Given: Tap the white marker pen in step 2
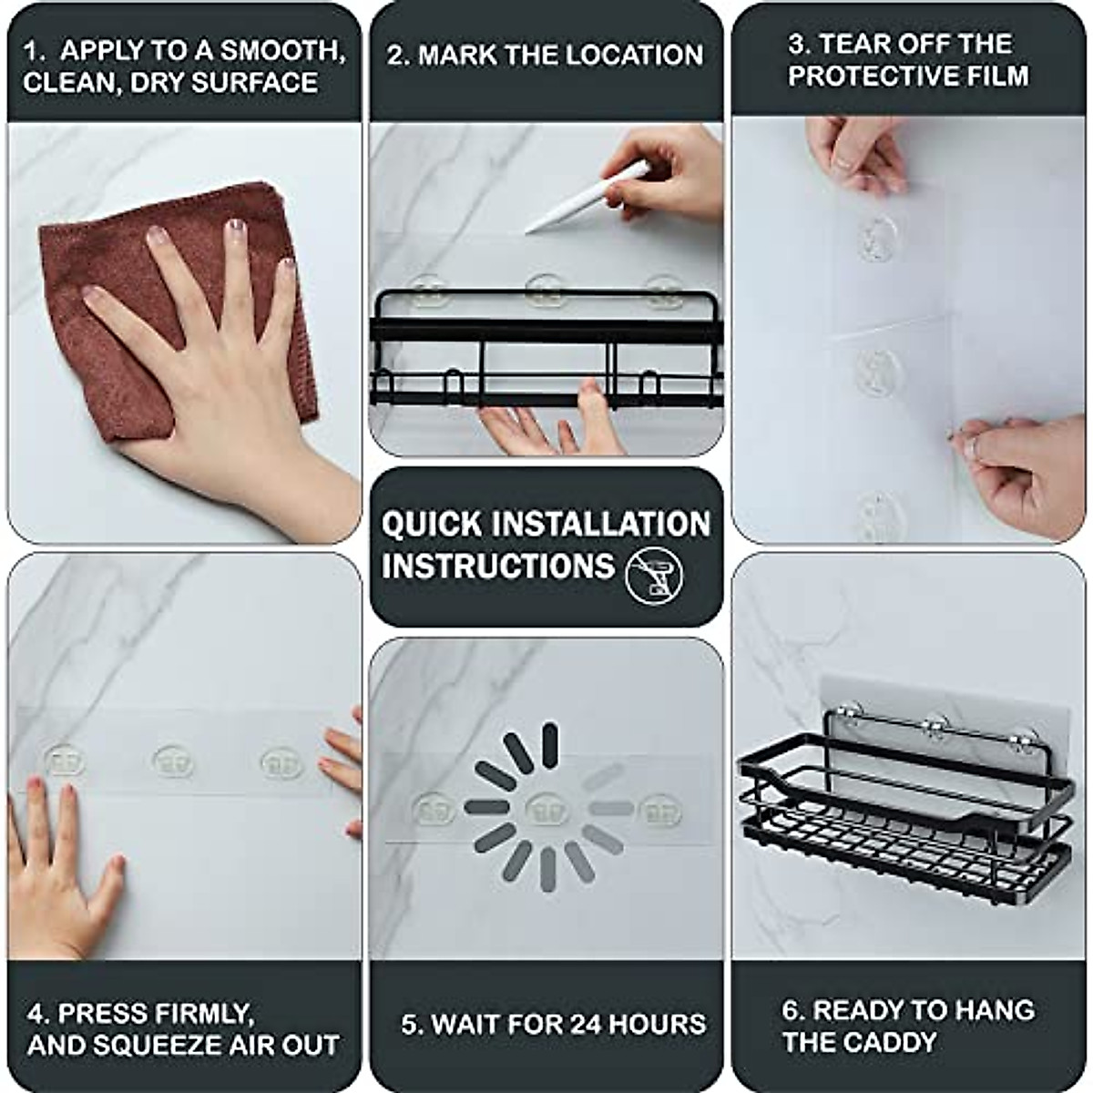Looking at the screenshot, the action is coord(587,197).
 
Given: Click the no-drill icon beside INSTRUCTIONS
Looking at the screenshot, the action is coord(654,576).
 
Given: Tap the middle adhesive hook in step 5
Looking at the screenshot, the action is coord(546,809).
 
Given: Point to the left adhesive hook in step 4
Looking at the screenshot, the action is coord(64,761).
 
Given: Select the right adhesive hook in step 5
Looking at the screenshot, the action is coord(660,811).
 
